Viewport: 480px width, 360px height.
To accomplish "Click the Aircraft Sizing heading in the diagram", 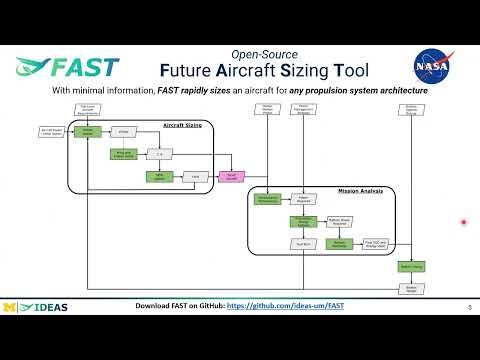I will pos(181,125).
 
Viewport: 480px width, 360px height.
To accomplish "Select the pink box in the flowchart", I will pos(231,174).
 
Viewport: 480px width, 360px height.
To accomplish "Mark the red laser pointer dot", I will pos(463,222).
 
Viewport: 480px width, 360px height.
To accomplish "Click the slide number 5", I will pos(468,307).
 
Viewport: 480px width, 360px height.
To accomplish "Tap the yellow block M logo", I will pos(11,306).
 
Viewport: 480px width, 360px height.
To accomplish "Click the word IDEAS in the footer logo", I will pos(49,306).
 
